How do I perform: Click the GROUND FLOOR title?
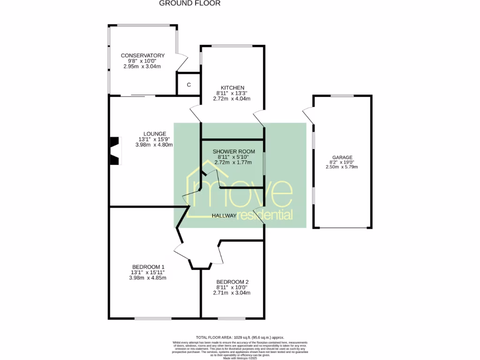click(x=189, y=3)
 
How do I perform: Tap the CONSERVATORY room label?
click(x=142, y=55)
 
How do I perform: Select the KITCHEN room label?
click(x=232, y=88)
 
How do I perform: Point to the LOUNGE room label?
click(x=155, y=134)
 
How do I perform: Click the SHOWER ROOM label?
click(x=233, y=151)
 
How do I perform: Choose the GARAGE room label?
click(x=342, y=157)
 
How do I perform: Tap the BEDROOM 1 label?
click(x=149, y=266)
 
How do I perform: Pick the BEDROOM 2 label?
click(x=232, y=282)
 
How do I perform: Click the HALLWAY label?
click(x=225, y=216)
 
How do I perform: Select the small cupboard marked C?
click(x=188, y=85)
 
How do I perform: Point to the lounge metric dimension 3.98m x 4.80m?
click(x=154, y=145)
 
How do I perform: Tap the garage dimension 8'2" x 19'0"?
click(x=343, y=163)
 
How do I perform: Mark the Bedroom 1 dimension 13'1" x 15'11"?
click(x=148, y=272)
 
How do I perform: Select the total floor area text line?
click(x=240, y=337)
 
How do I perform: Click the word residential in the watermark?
click(x=265, y=215)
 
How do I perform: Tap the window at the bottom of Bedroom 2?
click(x=232, y=319)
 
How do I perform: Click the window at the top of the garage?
click(x=342, y=96)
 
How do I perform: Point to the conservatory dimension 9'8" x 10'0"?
click(x=142, y=61)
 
